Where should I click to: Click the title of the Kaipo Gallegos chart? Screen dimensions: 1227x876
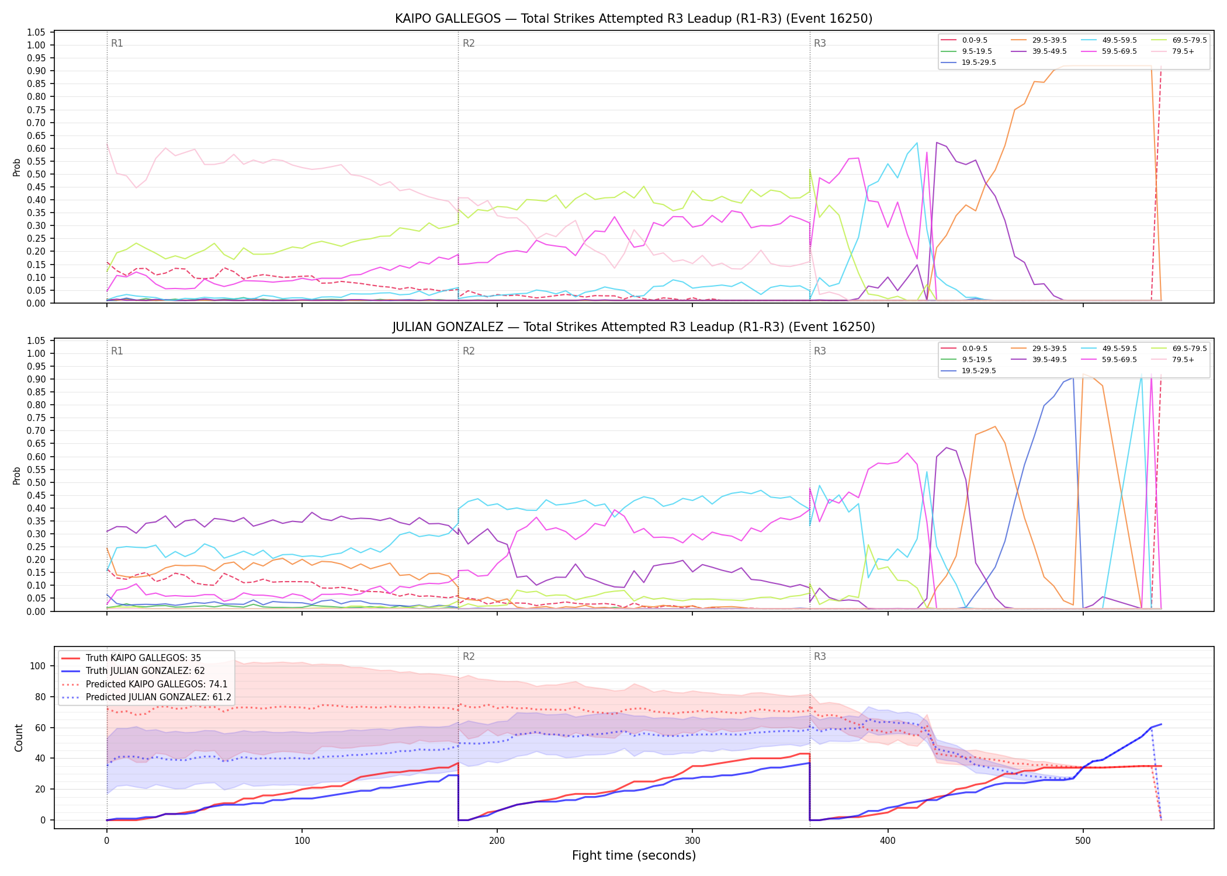(633, 19)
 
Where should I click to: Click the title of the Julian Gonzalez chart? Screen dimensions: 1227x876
(633, 327)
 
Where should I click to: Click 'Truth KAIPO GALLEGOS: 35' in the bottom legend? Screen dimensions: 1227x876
(131, 658)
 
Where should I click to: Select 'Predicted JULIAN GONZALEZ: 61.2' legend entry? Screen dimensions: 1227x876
(146, 697)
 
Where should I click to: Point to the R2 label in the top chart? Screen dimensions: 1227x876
(469, 43)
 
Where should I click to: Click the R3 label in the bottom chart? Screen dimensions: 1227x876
(820, 656)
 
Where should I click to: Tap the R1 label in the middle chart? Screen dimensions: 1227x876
(117, 351)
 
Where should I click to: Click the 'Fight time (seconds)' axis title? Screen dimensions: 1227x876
(634, 856)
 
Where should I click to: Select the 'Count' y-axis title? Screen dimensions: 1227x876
(19, 738)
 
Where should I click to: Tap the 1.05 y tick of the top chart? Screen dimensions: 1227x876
(36, 32)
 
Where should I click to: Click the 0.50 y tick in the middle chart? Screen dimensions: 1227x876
(36, 482)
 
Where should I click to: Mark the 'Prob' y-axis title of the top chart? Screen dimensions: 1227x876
(17, 168)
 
